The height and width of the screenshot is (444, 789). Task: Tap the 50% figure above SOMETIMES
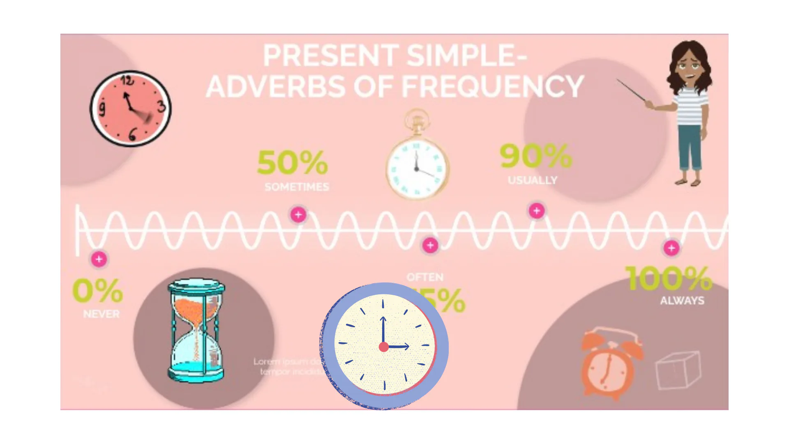click(x=292, y=162)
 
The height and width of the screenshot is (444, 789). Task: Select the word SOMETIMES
click(x=297, y=187)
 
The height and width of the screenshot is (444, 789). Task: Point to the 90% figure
click(x=535, y=156)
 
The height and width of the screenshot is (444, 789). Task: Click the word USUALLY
click(x=533, y=180)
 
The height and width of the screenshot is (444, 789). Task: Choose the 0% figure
click(x=97, y=290)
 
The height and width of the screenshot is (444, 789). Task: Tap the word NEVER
click(x=101, y=314)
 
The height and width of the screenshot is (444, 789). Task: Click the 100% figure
click(x=669, y=278)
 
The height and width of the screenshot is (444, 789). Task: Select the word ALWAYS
click(x=682, y=301)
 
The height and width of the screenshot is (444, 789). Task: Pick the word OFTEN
click(x=425, y=277)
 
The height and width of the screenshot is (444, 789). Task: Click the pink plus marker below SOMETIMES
click(x=298, y=215)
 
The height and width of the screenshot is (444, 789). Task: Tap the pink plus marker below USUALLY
click(x=536, y=211)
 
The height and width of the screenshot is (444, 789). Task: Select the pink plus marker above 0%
click(x=99, y=259)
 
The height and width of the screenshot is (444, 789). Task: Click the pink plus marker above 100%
click(x=671, y=248)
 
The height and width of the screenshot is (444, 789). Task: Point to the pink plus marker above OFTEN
click(x=430, y=245)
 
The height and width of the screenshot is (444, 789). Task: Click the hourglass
click(x=196, y=331)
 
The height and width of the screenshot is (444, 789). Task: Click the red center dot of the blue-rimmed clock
click(x=384, y=347)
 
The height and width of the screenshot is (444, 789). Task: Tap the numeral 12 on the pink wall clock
click(x=127, y=80)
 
